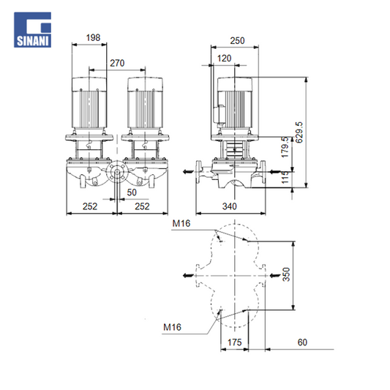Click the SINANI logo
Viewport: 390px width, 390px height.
tap(33, 29)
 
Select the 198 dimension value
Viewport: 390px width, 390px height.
tap(93, 38)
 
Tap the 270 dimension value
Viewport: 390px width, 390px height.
tap(117, 63)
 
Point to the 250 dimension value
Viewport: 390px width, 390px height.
tap(237, 41)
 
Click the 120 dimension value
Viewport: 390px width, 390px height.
tap(224, 59)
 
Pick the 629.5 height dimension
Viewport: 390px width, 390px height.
tap(299, 132)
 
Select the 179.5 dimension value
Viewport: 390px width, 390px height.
tap(285, 147)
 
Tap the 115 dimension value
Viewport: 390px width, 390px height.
tap(285, 177)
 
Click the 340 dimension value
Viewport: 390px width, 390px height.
tap(229, 206)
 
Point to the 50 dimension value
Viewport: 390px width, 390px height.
tap(132, 192)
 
